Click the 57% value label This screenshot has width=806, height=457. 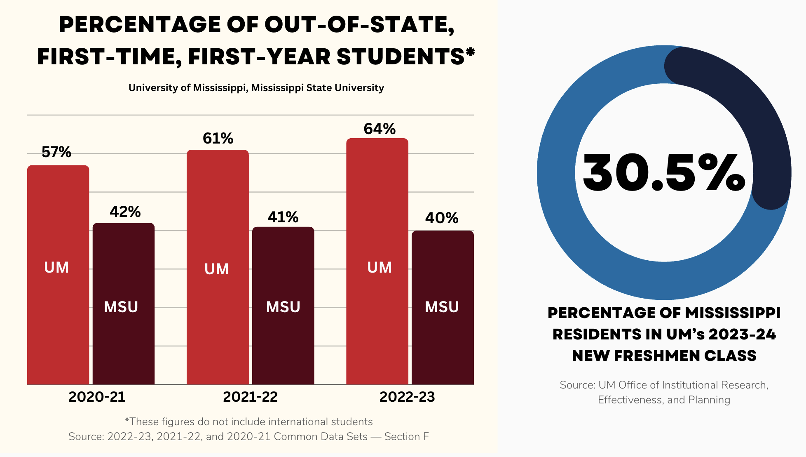coord(56,152)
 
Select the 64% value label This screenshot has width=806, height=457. coord(380,129)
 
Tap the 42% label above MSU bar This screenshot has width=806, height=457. coord(125,212)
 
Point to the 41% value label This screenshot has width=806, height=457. coord(283,217)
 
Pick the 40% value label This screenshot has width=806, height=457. coord(442,218)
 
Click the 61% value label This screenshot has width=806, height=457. coord(218,139)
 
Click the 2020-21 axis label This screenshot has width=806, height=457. coord(97,397)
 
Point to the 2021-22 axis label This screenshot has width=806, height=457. coord(250,397)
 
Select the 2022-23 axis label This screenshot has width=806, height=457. coord(407,397)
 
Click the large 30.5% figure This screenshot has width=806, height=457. coord(664,172)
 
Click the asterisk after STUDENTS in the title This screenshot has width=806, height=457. coord(470,52)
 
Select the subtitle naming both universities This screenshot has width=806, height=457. coord(256,88)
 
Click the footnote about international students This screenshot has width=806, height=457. coord(248,422)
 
